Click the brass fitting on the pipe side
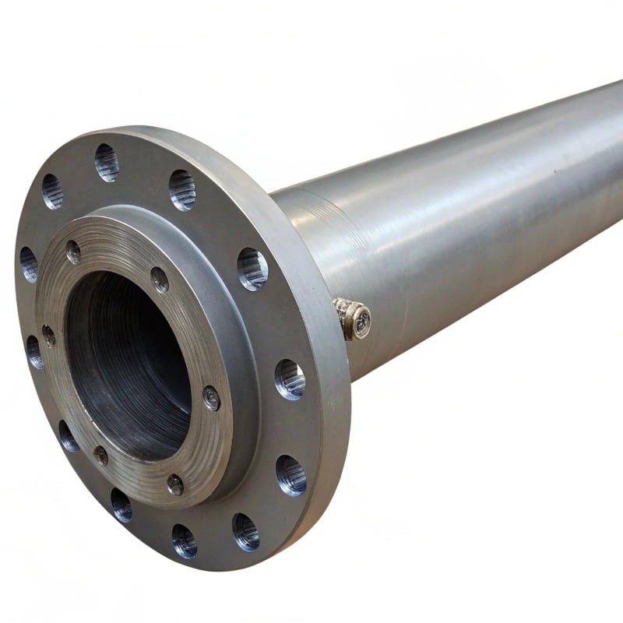point(354,319)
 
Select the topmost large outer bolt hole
point(107,162)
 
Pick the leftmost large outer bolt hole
point(28,264)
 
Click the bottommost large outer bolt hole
point(185,540)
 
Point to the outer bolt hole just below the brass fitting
point(290,378)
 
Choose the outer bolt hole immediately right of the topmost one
point(182,189)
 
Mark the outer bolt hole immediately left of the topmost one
point(52,191)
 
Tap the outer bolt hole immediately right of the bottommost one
point(245,531)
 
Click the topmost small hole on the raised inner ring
point(73,252)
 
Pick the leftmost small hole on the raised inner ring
point(48,335)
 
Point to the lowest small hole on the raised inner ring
point(175,484)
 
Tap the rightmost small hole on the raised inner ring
point(211,397)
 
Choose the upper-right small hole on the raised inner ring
point(160,280)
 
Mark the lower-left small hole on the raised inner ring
point(101,455)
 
